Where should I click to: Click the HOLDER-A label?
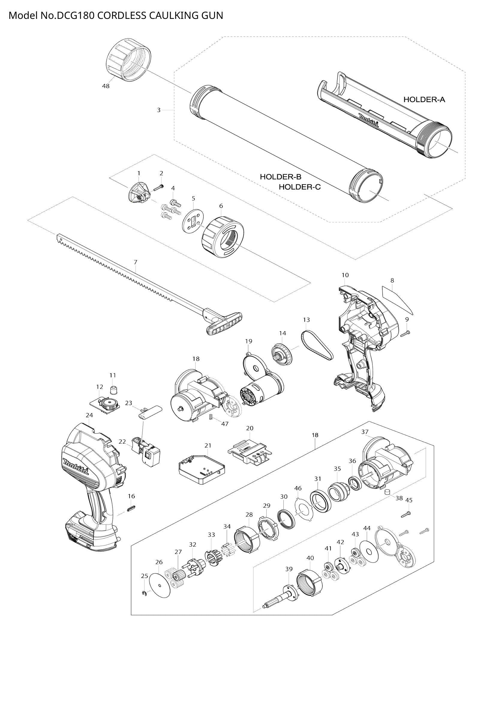pos(424,99)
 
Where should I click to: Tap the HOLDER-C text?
pos(300,187)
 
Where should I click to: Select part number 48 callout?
pos(106,86)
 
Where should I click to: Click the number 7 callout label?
pos(136,262)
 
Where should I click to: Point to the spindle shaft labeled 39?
pos(281,596)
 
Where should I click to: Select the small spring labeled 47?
pos(211,417)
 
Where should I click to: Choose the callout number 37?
pos(365,432)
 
